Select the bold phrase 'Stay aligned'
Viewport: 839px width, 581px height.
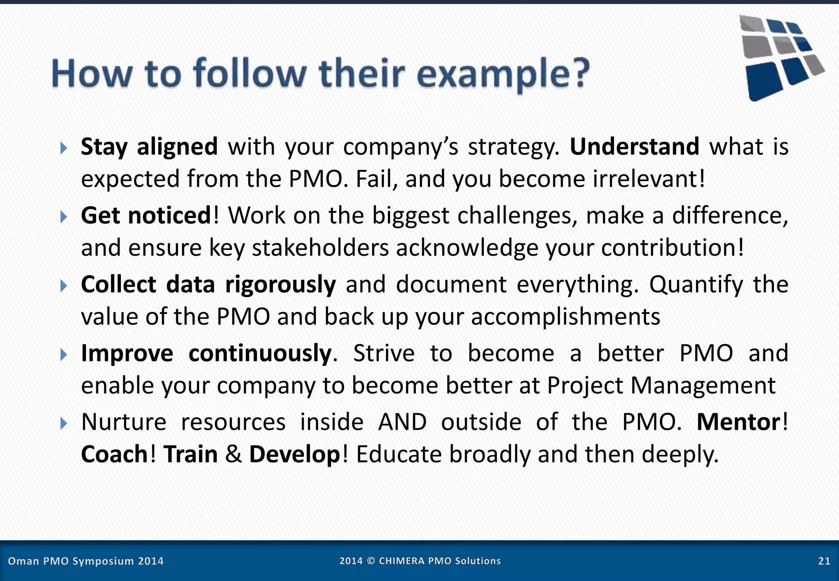click(x=149, y=147)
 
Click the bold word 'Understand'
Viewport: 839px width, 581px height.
click(x=634, y=147)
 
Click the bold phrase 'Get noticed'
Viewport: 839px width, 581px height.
click(x=146, y=216)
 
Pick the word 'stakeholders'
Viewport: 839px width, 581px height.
click(x=320, y=248)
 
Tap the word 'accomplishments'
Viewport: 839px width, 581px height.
click(x=565, y=317)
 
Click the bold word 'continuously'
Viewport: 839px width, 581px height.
click(x=260, y=353)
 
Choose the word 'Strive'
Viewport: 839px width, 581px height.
click(x=383, y=353)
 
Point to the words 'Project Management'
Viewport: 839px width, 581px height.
click(x=661, y=386)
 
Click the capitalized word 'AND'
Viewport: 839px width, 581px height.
click(x=402, y=422)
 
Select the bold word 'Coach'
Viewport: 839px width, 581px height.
click(x=114, y=454)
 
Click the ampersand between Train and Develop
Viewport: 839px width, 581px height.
click(x=234, y=454)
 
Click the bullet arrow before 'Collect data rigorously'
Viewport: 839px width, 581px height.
click(x=63, y=286)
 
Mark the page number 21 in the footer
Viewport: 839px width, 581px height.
click(x=824, y=561)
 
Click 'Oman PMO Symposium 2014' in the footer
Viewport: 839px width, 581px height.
click(x=86, y=561)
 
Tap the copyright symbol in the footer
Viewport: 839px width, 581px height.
click(x=371, y=561)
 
